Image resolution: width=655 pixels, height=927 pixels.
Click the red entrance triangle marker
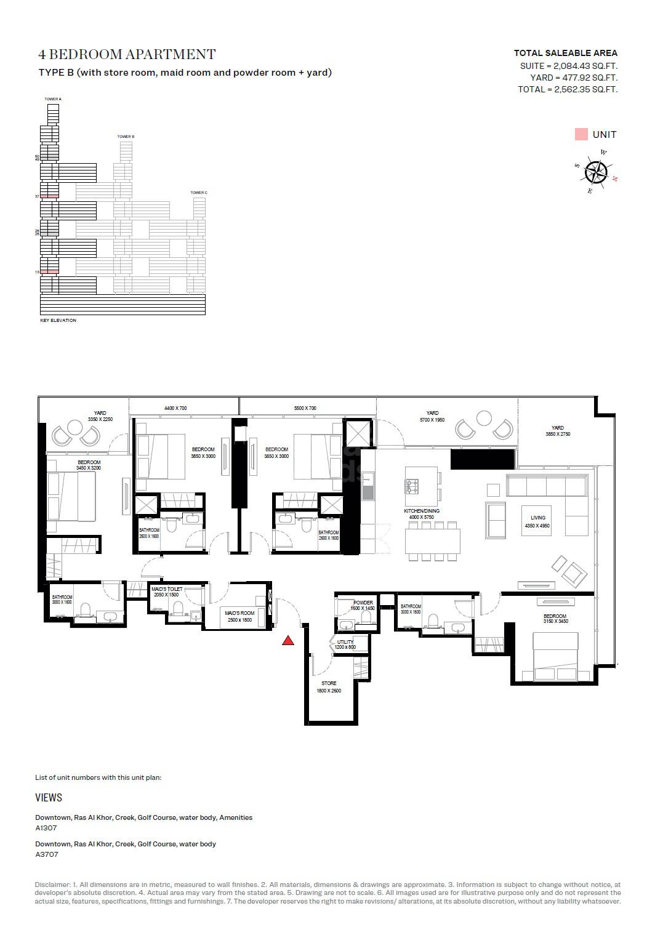pyautogui.click(x=287, y=641)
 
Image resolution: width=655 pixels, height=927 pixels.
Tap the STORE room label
pyautogui.click(x=329, y=683)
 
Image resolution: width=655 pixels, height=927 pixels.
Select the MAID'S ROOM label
pyautogui.click(x=239, y=613)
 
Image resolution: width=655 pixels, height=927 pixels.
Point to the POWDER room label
pyautogui.click(x=363, y=603)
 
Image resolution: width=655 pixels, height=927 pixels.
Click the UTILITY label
pyautogui.click(x=345, y=643)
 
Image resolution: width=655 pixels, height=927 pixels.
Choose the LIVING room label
pyautogui.click(x=538, y=518)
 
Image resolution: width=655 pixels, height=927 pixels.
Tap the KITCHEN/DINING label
pyautogui.click(x=422, y=512)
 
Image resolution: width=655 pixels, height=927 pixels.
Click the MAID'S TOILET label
pyautogui.click(x=167, y=589)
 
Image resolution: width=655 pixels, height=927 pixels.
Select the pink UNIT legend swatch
pyautogui.click(x=581, y=134)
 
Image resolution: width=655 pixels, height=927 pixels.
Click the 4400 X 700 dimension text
pyautogui.click(x=175, y=408)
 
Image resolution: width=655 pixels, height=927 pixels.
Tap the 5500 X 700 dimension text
pyautogui.click(x=305, y=408)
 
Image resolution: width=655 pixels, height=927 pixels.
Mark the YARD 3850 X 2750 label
pyautogui.click(x=558, y=428)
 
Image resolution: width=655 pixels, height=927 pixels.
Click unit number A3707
pyautogui.click(x=47, y=854)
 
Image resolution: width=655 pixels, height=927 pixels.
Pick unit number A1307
pyautogui.click(x=46, y=828)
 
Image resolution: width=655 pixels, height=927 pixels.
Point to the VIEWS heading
pyautogui.click(x=49, y=798)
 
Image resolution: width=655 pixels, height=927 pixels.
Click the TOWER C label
pyautogui.click(x=198, y=193)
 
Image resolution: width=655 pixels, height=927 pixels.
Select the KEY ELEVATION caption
pyautogui.click(x=58, y=321)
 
